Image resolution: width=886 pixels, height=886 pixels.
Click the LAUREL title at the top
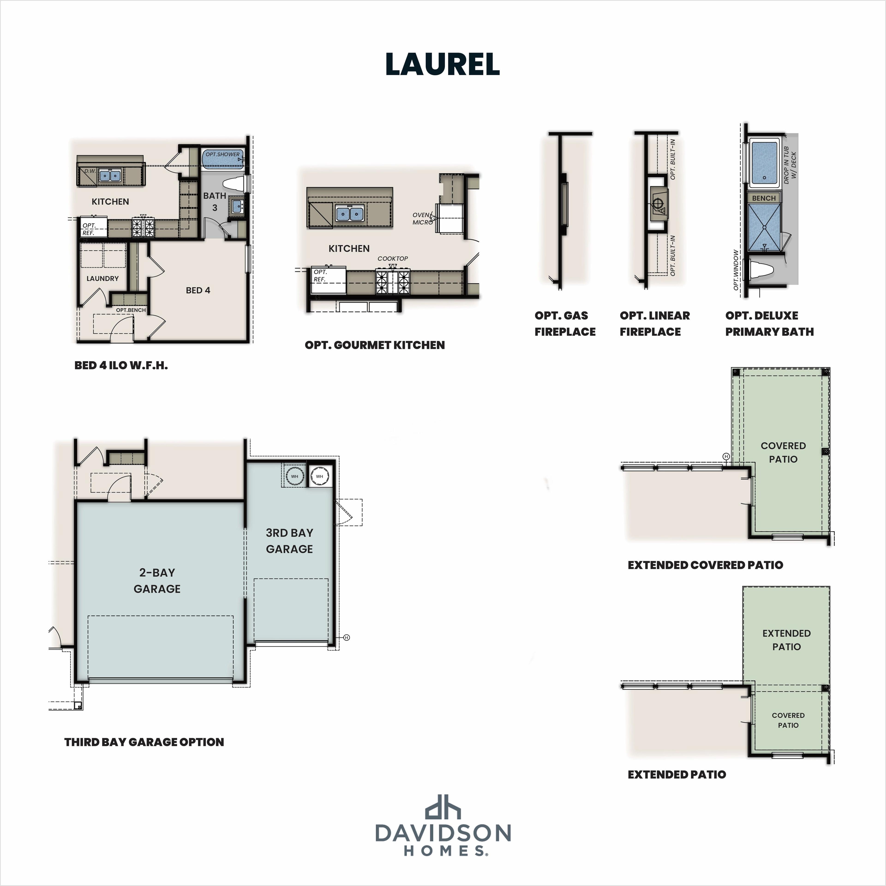(443, 64)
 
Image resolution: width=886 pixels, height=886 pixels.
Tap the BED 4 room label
(198, 290)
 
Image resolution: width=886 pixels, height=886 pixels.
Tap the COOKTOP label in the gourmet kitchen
(392, 259)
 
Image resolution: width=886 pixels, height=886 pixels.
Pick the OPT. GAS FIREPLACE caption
(565, 323)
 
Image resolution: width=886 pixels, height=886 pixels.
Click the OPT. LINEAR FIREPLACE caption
(654, 323)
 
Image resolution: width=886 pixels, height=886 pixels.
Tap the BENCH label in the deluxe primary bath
(764, 198)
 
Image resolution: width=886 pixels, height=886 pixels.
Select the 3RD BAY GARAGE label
(289, 541)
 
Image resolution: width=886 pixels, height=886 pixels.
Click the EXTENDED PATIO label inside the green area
(787, 640)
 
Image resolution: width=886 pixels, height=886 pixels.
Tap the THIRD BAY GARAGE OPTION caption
(144, 742)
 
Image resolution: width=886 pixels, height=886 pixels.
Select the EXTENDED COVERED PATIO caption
(705, 565)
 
